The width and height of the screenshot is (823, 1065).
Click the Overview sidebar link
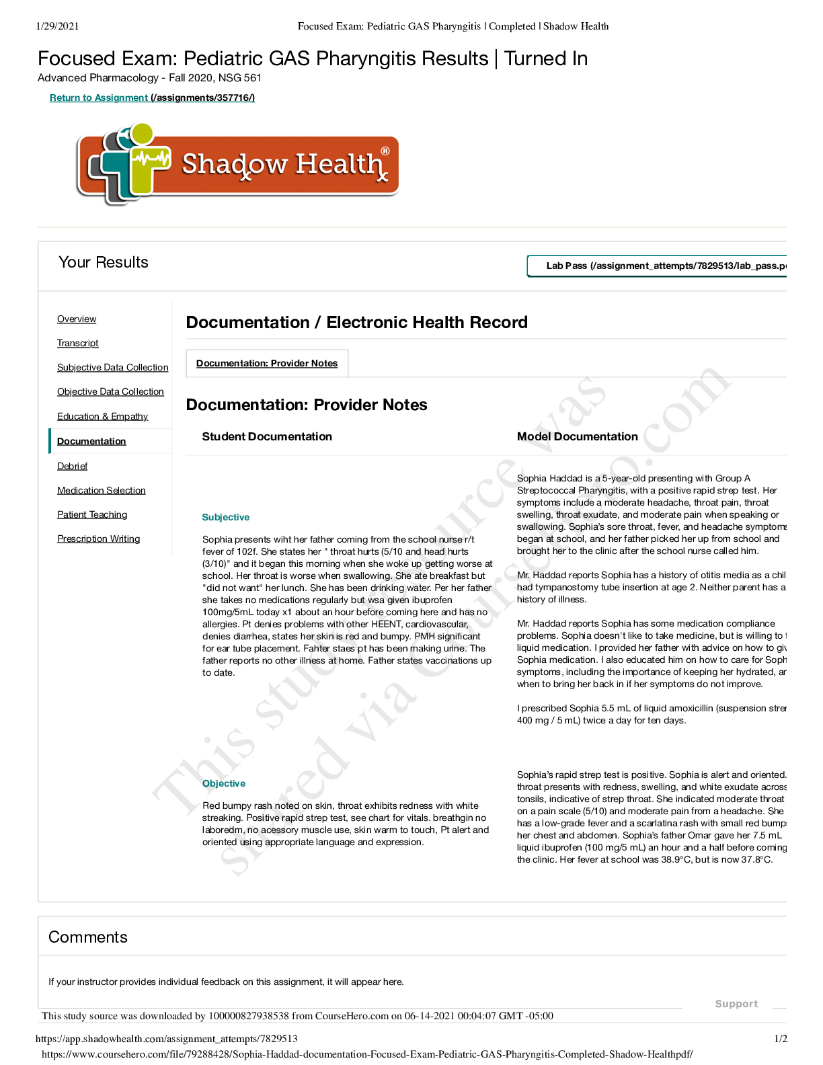77,319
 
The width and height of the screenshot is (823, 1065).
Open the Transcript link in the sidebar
78,343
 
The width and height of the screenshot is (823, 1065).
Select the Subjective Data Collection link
112,367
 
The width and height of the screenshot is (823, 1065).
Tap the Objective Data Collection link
110,391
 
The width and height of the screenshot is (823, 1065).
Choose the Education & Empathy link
102,416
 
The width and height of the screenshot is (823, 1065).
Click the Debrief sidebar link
72,466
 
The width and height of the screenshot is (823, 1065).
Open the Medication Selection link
101,490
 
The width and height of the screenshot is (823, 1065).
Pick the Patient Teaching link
92,514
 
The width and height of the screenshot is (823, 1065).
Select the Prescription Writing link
98,539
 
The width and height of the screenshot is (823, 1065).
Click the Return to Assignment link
152,97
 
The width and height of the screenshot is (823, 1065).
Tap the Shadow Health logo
237,163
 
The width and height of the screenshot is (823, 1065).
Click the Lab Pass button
658,266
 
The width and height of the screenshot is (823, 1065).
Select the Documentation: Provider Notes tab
267,363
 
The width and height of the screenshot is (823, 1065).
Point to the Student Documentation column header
267,436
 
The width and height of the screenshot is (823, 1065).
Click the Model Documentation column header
577,436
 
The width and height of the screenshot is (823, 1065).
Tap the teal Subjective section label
225,517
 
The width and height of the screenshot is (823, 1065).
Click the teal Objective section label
224,783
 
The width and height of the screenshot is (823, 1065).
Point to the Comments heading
88,937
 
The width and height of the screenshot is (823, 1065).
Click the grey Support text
736,1003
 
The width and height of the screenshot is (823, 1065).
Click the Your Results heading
104,262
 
